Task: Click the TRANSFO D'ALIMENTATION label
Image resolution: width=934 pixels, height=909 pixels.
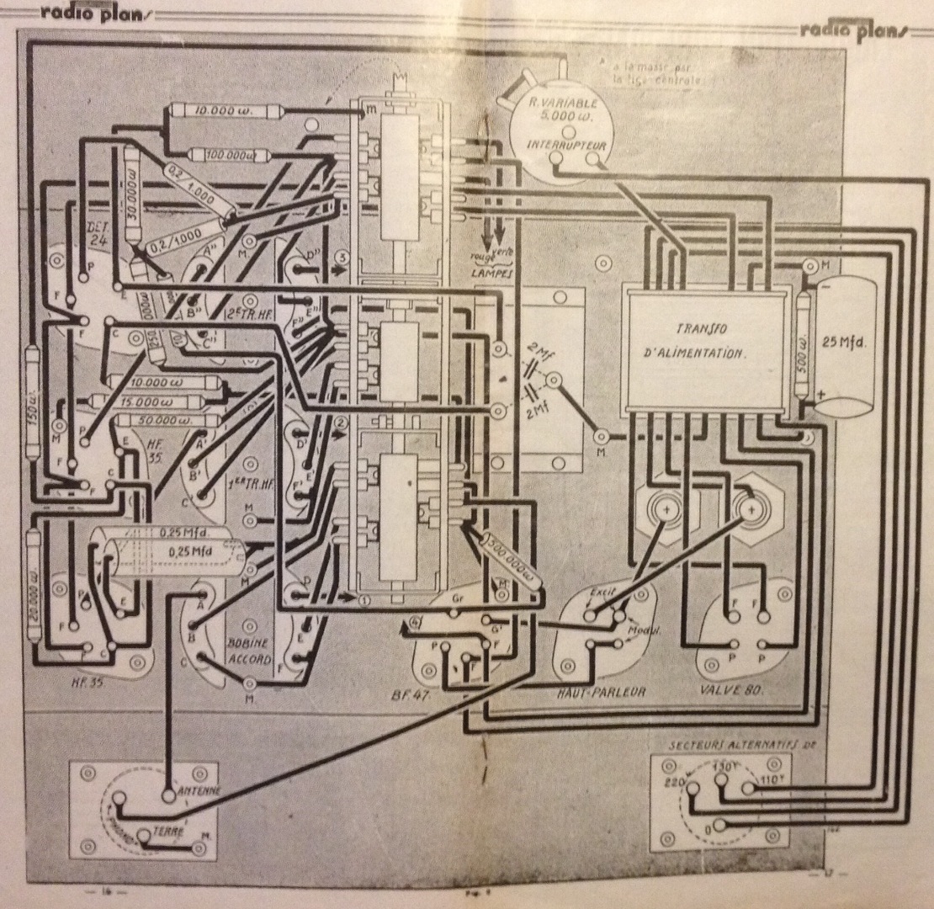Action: tap(706, 341)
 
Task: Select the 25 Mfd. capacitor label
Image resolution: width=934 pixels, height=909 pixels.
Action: tap(845, 343)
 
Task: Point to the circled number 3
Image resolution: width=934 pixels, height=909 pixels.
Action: tap(341, 256)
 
